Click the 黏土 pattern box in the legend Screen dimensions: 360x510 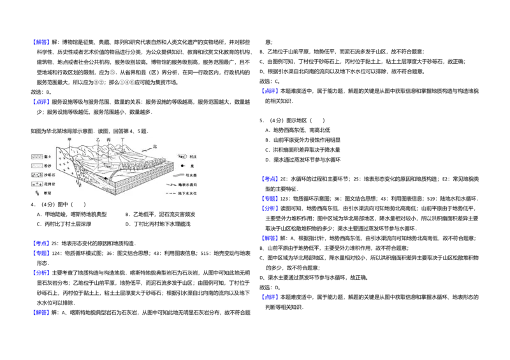(x=37, y=156)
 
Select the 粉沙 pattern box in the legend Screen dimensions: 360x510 (x=37, y=165)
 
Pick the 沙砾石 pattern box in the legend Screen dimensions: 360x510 (x=37, y=175)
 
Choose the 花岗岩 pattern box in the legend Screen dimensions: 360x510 (x=37, y=184)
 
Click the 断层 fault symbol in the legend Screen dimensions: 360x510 (x=37, y=192)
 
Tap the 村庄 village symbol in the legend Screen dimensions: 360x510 (x=182, y=157)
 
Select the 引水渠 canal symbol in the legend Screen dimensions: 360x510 (x=182, y=175)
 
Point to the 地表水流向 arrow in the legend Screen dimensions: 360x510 (x=182, y=184)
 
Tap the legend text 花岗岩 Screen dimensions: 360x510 (x=50, y=184)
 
